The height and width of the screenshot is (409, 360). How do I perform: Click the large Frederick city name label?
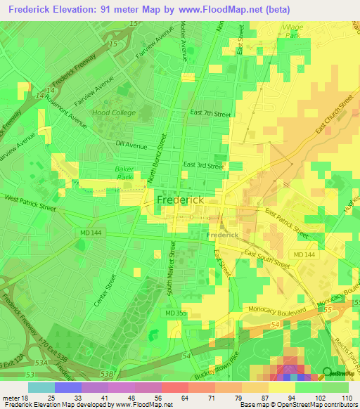coord(181,200)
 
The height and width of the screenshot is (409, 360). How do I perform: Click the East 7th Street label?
coord(210,113)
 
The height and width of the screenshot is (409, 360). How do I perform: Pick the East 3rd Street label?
coord(203,165)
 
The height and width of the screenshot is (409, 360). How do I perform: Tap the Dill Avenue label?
coord(131,145)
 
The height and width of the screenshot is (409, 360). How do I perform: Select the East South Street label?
coord(267,259)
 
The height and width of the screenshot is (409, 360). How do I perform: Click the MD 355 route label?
coord(176,313)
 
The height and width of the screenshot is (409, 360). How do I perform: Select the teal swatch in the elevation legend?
coord(41,387)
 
